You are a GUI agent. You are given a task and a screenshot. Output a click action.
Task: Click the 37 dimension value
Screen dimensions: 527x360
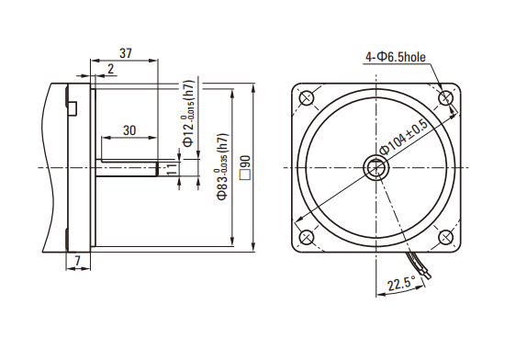point(126,53)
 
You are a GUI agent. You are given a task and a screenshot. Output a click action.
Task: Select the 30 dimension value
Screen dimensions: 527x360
point(129,130)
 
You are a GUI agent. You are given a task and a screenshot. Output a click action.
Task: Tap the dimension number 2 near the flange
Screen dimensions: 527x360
point(111,69)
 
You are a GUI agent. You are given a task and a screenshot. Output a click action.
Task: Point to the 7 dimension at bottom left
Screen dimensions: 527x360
point(78,261)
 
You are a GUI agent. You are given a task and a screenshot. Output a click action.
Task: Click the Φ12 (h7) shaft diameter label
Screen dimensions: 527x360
point(188,114)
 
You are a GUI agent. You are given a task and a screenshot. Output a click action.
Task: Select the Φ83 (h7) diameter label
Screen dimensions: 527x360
point(222,167)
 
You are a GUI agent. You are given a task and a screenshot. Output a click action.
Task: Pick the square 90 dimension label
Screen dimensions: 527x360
point(245,167)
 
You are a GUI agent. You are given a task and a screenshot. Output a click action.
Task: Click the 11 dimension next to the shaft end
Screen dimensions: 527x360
point(172,169)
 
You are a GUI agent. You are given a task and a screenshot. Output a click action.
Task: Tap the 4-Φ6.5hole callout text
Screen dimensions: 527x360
point(396,57)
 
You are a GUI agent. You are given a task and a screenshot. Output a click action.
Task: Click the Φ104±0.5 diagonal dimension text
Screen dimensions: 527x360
point(403,138)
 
